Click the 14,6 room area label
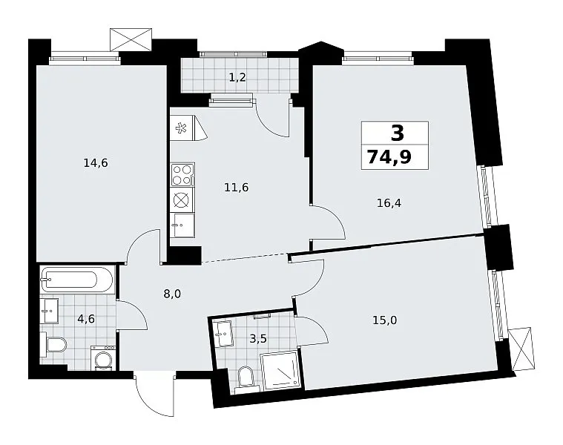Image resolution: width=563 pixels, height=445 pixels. (96, 163)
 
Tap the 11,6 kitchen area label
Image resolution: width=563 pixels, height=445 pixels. (237, 188)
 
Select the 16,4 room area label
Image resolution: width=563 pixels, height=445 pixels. (389, 203)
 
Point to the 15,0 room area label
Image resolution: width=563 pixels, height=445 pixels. (384, 320)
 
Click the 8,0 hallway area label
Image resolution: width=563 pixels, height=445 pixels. (172, 294)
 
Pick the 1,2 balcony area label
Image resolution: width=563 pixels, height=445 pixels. (237, 77)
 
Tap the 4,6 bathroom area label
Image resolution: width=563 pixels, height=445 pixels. (86, 319)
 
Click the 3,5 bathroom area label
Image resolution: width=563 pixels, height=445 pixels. (258, 338)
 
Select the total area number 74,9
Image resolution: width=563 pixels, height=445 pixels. (389, 156)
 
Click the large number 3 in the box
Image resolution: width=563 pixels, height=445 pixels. (397, 133)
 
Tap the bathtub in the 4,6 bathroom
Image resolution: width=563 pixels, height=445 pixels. (77, 280)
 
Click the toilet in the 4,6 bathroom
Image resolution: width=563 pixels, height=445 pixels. (54, 345)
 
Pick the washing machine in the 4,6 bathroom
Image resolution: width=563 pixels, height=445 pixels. (102, 357)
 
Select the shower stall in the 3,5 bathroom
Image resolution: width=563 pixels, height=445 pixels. (280, 369)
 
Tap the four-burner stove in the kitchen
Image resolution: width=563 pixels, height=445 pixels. (182, 174)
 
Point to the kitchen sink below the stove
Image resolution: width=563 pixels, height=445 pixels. (182, 225)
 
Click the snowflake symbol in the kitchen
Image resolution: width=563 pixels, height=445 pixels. (181, 128)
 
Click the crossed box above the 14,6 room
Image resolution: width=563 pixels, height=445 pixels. (131, 39)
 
